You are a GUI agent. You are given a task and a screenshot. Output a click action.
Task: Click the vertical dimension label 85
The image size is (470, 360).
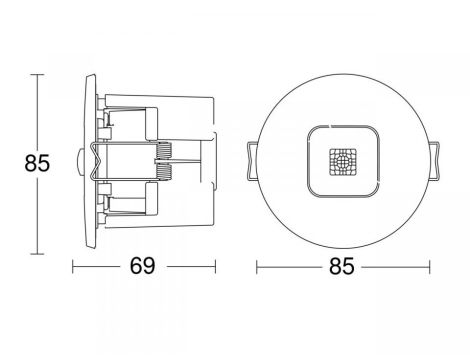click(37, 163)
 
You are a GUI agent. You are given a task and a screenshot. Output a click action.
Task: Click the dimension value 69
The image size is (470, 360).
click(142, 266)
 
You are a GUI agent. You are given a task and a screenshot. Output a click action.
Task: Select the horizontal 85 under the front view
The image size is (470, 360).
click(342, 266)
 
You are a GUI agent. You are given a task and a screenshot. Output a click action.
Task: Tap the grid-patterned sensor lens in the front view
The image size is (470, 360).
click(343, 162)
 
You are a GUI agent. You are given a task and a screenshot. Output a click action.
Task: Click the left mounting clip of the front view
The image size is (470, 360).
click(252, 162)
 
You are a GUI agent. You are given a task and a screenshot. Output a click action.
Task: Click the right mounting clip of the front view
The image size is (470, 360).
click(434, 162)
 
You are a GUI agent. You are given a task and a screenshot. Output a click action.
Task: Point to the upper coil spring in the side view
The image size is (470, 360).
click(164, 151)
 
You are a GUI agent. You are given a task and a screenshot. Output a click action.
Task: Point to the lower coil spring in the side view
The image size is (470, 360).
click(164, 172)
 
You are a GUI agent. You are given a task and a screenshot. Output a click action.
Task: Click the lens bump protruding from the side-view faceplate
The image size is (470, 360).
click(79, 162)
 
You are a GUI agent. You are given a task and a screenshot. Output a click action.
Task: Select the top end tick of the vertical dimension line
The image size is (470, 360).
click(37, 74)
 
